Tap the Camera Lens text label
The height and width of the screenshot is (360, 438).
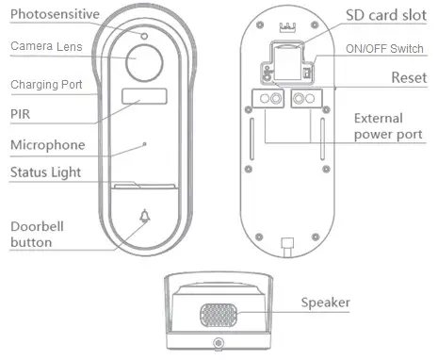[44, 46]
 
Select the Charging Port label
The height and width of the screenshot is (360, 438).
[47, 85]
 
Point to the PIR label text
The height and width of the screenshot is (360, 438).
[21, 112]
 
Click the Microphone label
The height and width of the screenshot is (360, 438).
[47, 144]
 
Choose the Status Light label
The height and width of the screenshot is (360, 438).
[48, 172]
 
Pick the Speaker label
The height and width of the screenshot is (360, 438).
[325, 303]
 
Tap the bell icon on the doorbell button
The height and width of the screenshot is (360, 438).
[144, 217]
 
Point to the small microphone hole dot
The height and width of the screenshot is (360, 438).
[144, 143]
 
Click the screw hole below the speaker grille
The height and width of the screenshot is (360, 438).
[218, 344]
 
